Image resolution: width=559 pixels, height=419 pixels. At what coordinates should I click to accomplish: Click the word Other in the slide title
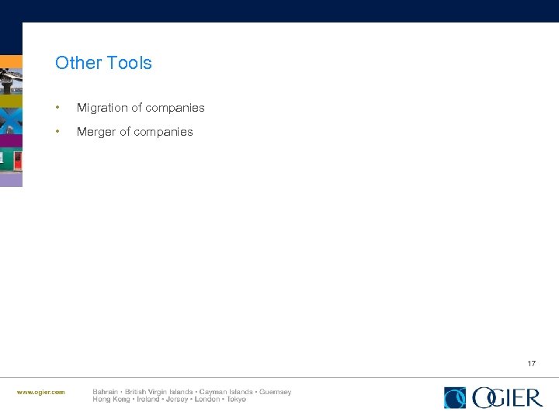[75, 63]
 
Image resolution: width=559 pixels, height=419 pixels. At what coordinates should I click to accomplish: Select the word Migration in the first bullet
[102, 108]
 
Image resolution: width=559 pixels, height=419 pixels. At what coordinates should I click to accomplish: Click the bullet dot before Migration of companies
[58, 108]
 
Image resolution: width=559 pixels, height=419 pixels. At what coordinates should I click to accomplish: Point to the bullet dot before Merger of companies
[58, 132]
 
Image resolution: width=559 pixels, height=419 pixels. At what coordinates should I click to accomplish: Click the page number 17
[531, 363]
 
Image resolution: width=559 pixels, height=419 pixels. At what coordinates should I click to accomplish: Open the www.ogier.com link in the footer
[41, 392]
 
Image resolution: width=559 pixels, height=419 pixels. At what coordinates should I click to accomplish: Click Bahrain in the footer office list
[105, 392]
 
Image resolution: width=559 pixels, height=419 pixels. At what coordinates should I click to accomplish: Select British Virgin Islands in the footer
[158, 392]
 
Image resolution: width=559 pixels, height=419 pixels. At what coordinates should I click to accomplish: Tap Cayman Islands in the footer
[225, 392]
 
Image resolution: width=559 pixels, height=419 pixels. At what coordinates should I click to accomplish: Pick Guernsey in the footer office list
[275, 392]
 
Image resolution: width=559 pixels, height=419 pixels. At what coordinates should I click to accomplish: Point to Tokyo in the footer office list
[236, 400]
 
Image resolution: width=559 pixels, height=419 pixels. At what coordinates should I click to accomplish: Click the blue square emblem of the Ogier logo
[455, 397]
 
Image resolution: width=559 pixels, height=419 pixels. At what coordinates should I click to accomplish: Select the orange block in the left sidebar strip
[11, 61]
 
